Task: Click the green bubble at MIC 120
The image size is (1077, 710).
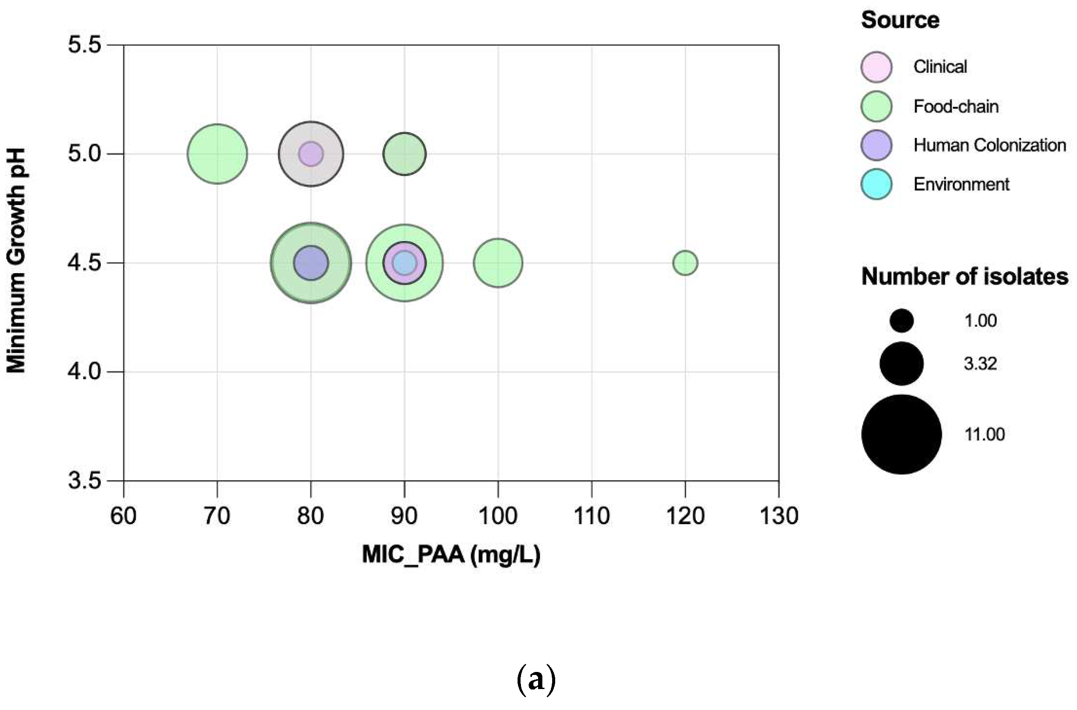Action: click(x=685, y=262)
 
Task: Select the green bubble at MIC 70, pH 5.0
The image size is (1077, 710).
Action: click(x=217, y=154)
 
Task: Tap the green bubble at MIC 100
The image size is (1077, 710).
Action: click(x=498, y=262)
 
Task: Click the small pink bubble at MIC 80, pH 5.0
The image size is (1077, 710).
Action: click(x=311, y=154)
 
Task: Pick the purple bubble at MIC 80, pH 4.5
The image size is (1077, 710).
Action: click(x=311, y=262)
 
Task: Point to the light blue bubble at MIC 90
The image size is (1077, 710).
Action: click(x=404, y=262)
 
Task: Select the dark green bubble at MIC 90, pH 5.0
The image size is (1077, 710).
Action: click(x=404, y=154)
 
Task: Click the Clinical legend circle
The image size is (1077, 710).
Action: click(x=877, y=67)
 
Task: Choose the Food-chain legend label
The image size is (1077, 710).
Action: click(x=956, y=106)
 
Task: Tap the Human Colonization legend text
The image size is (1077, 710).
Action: click(x=989, y=145)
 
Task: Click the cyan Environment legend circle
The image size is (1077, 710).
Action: click(x=877, y=184)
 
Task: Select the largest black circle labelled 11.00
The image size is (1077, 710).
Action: click(x=901, y=434)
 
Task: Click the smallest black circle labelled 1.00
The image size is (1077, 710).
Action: click(x=901, y=321)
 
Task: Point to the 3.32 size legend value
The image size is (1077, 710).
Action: click(x=980, y=364)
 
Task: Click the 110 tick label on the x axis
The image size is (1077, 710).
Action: click(x=591, y=516)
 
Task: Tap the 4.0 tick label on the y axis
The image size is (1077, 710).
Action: click(x=84, y=372)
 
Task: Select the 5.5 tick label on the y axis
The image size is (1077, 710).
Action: click(x=84, y=45)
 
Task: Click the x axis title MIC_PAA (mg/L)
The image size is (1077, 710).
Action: click(x=451, y=554)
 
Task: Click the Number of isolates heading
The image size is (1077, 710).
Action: click(x=964, y=277)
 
